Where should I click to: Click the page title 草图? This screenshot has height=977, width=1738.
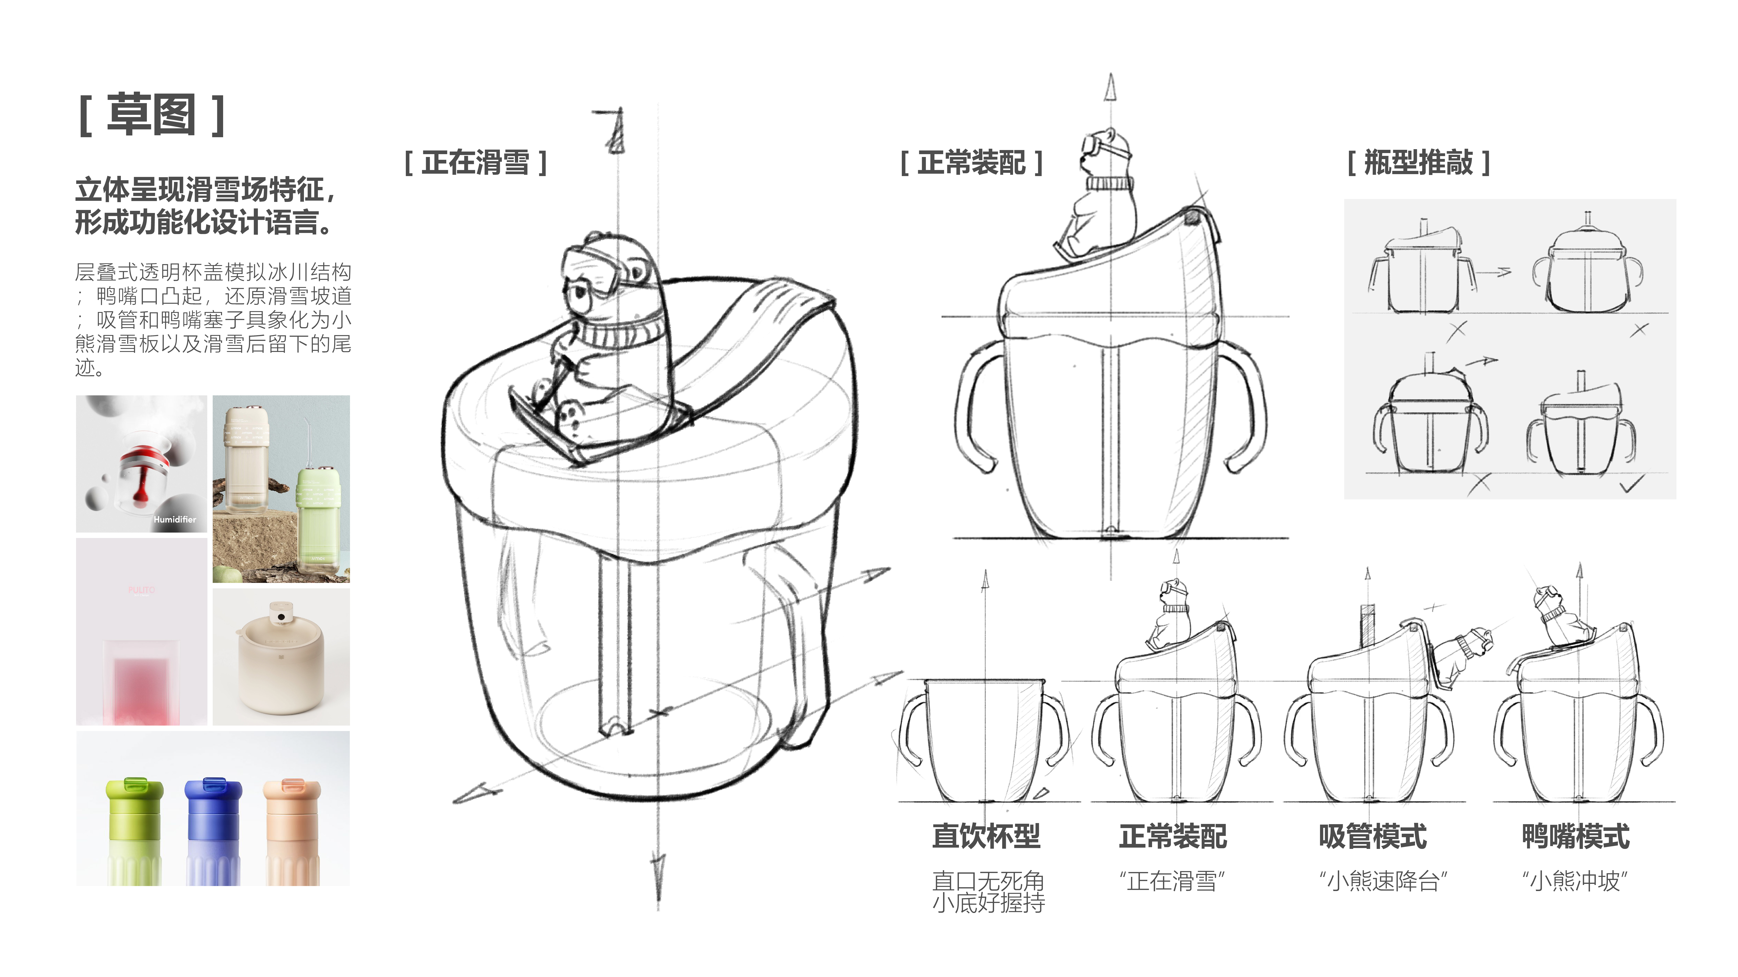pos(151,115)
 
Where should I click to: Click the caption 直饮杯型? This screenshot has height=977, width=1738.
pos(986,836)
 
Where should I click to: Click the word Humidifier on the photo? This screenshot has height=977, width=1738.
pos(175,519)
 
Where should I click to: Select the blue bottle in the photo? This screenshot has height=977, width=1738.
pos(212,829)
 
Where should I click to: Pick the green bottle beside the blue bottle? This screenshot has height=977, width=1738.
pos(134,829)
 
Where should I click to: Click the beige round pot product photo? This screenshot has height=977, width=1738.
pos(281,657)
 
